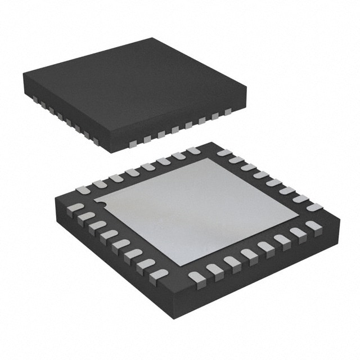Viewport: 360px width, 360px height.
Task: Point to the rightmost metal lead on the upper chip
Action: (x=227, y=112)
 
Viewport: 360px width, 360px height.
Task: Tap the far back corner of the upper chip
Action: (x=152, y=39)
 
